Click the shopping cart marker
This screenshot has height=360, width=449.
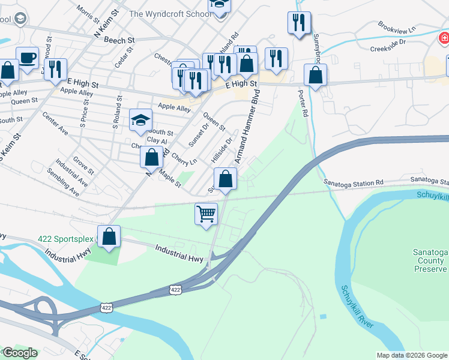[206, 214]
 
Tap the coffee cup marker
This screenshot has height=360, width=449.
[27, 58]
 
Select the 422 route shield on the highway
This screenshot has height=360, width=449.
[175, 290]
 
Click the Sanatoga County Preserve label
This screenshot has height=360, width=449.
[430, 260]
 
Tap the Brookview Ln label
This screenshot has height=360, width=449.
[397, 28]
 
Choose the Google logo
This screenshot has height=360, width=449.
[19, 353]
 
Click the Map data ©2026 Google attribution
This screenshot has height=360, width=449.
[411, 355]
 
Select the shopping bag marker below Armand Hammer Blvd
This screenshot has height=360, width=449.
[225, 179]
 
